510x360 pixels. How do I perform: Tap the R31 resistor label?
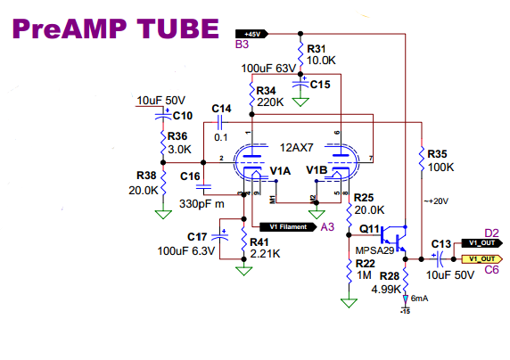(318, 48)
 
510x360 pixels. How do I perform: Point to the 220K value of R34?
(270, 102)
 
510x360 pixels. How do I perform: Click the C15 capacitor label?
(320, 85)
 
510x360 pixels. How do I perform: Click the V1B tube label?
(316, 169)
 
